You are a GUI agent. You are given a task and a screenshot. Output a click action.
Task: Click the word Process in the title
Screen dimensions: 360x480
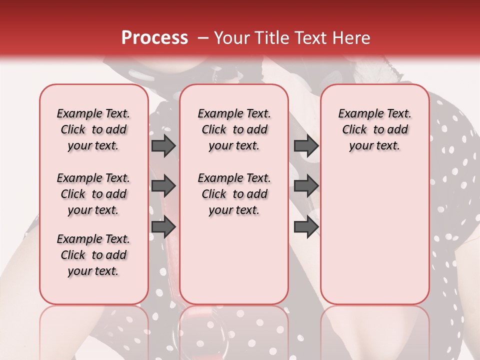point(154,38)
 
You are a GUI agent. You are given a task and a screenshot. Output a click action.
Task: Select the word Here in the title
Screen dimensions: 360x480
point(349,38)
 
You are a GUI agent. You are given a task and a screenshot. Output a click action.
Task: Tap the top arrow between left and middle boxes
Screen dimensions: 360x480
point(163,145)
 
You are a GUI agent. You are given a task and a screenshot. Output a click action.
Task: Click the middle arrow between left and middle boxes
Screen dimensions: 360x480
point(163,186)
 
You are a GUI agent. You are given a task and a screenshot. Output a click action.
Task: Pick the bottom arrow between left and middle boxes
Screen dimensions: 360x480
point(163,227)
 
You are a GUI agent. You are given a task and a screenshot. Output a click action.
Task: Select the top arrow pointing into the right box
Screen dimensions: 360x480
point(305,145)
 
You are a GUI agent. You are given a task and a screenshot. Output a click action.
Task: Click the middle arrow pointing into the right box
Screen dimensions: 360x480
point(305,186)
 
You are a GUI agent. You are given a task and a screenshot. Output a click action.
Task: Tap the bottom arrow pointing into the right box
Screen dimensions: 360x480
point(305,227)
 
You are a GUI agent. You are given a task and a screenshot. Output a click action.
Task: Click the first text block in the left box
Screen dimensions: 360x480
point(93,129)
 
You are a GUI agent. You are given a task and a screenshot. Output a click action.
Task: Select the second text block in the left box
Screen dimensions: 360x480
point(93,194)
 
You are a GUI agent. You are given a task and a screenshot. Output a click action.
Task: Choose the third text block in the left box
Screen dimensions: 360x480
point(93,255)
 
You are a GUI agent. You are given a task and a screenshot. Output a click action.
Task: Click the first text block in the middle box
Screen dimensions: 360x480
point(234,129)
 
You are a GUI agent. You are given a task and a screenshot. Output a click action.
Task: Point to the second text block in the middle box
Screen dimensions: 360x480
point(234,194)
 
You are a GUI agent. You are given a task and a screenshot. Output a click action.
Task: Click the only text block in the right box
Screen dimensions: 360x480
point(374,129)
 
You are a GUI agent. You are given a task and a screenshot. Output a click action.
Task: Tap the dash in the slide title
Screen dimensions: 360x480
point(203,38)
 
